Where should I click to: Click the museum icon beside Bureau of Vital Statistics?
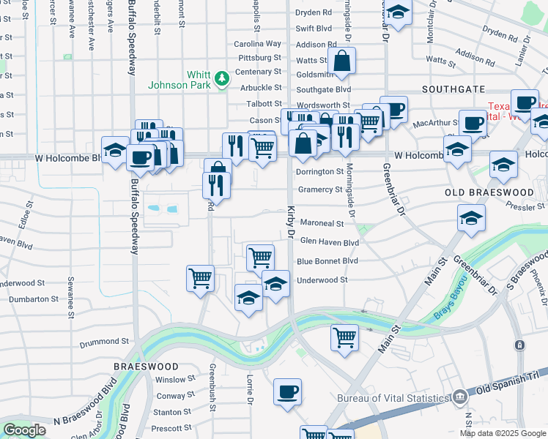pyautogui.click(x=459, y=397)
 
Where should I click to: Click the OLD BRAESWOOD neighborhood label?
pyautogui.click(x=490, y=192)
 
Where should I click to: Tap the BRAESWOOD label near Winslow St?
pyautogui.click(x=147, y=366)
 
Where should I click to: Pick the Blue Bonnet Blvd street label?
pyautogui.click(x=327, y=261)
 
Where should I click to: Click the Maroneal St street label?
pyautogui.click(x=321, y=223)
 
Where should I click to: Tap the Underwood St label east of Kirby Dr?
pyautogui.click(x=322, y=279)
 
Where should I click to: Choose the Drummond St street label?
pyautogui.click(x=105, y=341)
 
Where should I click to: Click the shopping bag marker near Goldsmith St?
pyautogui.click(x=342, y=61)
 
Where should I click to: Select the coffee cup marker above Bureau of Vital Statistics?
pyautogui.click(x=288, y=391)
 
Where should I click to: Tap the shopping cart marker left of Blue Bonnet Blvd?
pyautogui.click(x=260, y=258)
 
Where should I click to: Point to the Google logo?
pyautogui.click(x=24, y=430)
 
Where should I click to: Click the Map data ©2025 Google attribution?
pyautogui.click(x=502, y=433)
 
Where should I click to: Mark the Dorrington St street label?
pyautogui.click(x=319, y=172)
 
